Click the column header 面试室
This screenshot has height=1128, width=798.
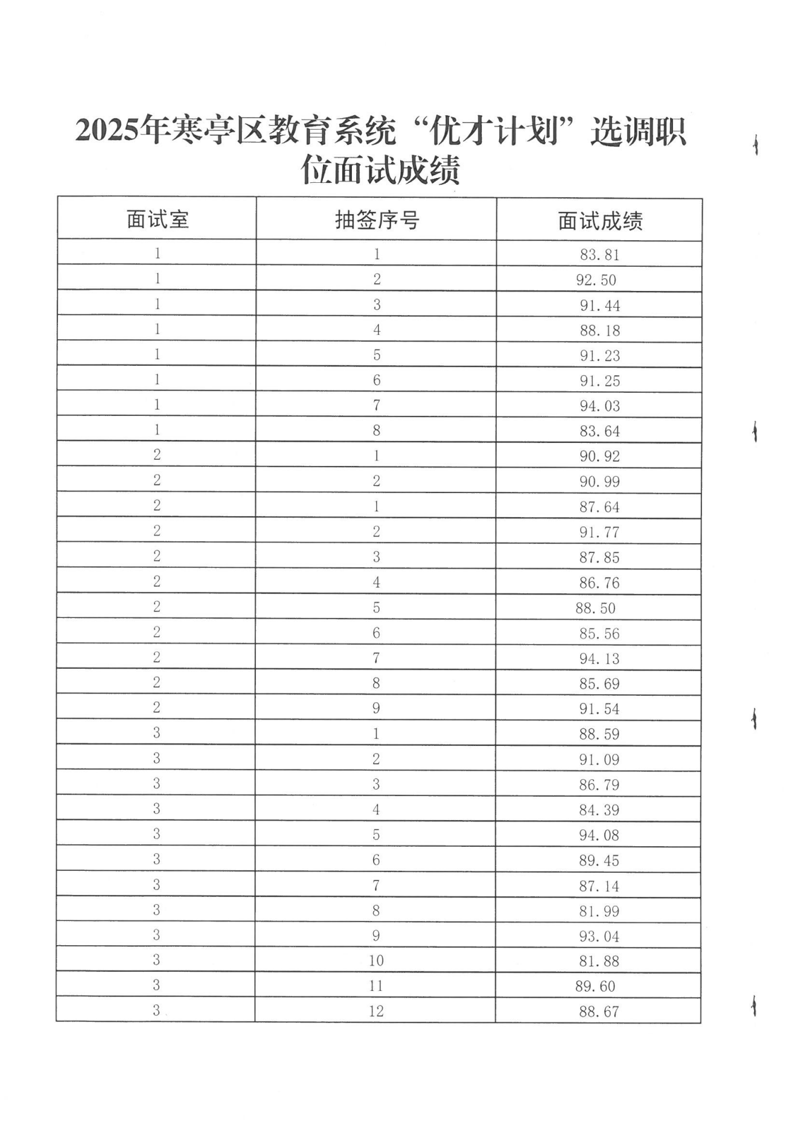coord(158,219)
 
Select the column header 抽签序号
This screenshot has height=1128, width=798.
coord(377,220)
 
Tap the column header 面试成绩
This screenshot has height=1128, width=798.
coord(599,221)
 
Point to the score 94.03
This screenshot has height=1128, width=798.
coord(599,406)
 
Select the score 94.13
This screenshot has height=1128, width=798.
coord(599,658)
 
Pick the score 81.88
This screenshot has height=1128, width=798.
coord(599,961)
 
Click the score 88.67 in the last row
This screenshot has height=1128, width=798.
coord(599,1012)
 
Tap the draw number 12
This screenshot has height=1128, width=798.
coord(376,1011)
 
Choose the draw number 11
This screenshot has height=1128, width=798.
coord(376,986)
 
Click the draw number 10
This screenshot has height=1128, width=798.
coord(376,960)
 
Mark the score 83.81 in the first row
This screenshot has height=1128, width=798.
coord(599,255)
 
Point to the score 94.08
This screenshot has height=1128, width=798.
coord(599,835)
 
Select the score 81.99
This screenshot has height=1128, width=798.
coord(599,911)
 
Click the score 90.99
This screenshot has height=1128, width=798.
coord(599,482)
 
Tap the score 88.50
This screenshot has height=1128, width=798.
coord(595,608)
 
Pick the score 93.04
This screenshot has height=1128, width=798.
coord(599,936)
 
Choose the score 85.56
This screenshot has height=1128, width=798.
coord(599,633)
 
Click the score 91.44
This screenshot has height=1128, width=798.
coord(599,305)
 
